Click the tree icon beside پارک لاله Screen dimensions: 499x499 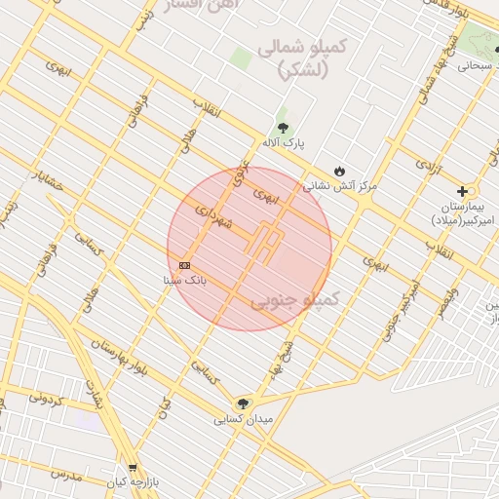click(x=283, y=128)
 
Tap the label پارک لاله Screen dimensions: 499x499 click(x=288, y=143)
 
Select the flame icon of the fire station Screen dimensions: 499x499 click(x=339, y=171)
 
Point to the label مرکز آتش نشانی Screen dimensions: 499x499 click(x=340, y=184)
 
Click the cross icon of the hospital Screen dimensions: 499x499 click(x=462, y=191)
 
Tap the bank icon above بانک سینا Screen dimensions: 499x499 click(x=185, y=265)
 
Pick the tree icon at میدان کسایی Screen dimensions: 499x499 click(x=243, y=403)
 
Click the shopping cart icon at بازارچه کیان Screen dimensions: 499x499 click(x=133, y=468)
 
